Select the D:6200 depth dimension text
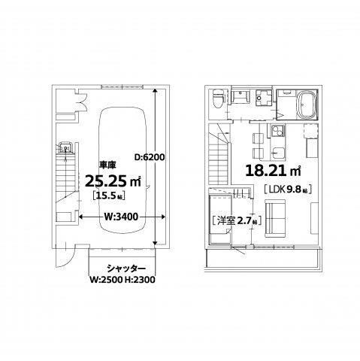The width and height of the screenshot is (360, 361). (x=149, y=157)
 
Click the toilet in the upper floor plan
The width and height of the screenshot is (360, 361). (x=217, y=99)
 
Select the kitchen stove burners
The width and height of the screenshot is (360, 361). (x=275, y=133)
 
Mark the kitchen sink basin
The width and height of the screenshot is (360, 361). (x=275, y=153)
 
